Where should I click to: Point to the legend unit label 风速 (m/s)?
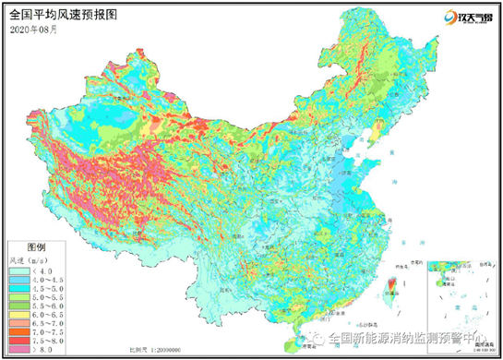27,261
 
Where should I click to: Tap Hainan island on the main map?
294,344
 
